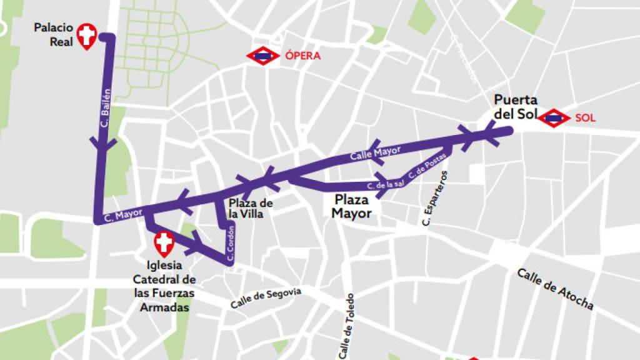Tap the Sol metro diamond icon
[x=554, y=117]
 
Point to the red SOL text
[x=585, y=117]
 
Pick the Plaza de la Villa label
[x=251, y=209]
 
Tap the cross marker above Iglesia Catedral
[x=164, y=243]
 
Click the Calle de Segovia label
[x=266, y=298]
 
